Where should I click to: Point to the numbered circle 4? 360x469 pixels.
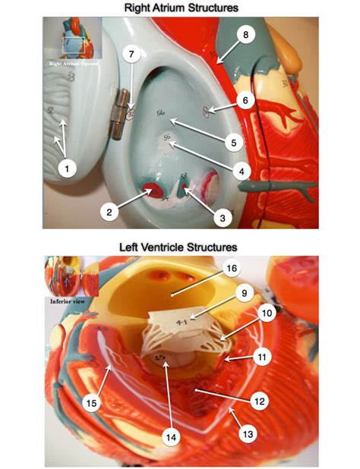[x=242, y=172]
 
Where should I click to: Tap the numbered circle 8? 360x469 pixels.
[x=245, y=35]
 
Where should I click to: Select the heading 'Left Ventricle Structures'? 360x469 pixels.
[x=179, y=247]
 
